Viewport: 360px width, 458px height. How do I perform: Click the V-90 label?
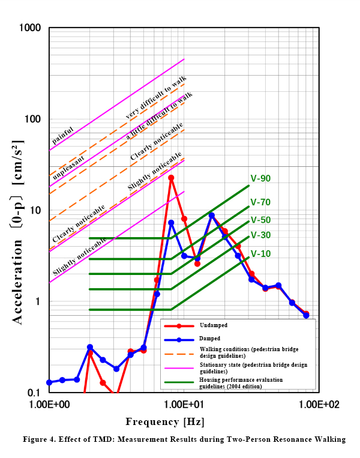pyautogui.click(x=260, y=178)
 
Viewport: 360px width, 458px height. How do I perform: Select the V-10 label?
pyautogui.click(x=260, y=254)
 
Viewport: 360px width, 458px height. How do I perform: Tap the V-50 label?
pyautogui.click(x=260, y=220)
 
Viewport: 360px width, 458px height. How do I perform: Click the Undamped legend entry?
pyautogui.click(x=214, y=325)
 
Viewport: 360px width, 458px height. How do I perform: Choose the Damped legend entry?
pyautogui.click(x=210, y=339)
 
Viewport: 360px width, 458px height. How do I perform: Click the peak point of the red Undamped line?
pyautogui.click(x=171, y=178)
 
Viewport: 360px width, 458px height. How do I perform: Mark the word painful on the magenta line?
pyautogui.click(x=62, y=137)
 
